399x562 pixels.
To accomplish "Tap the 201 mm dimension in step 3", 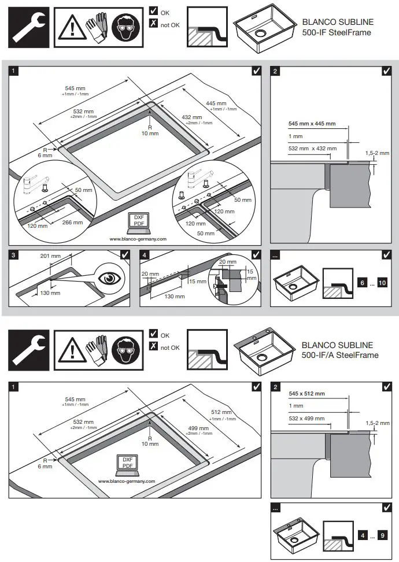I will tap(58, 256).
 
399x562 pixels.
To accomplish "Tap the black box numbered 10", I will tap(382, 282).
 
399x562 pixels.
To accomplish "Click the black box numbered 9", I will tap(382, 535).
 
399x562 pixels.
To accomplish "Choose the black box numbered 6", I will tap(363, 282).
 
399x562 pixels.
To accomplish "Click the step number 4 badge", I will tap(145, 255).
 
